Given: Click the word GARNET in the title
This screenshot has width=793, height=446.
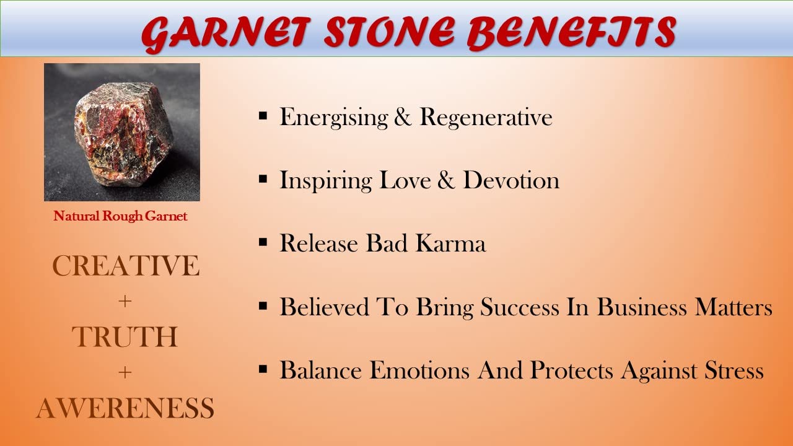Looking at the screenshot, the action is click(226, 33).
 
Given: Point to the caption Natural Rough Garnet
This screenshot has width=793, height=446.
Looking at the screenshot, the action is click(120, 216).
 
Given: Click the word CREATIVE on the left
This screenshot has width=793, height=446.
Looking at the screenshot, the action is click(126, 266).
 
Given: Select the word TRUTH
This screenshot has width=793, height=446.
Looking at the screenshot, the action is click(125, 336).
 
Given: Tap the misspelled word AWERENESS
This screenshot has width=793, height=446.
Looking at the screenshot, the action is click(125, 408).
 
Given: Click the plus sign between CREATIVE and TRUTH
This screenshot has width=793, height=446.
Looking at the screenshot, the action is click(125, 302).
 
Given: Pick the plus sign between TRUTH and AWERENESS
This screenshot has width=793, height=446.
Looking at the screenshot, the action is click(125, 373).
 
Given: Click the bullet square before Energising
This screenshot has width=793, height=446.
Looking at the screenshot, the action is click(263, 116).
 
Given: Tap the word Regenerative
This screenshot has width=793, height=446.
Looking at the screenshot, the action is click(486, 117).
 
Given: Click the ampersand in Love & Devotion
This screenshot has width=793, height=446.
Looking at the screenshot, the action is click(446, 180).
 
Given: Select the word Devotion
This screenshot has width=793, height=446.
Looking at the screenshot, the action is click(512, 180).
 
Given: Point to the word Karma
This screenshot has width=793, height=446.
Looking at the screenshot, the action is click(450, 243).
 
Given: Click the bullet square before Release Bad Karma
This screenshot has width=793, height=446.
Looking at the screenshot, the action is click(263, 242).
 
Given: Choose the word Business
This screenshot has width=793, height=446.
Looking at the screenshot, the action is click(642, 307).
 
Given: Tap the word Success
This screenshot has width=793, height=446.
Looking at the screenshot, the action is click(520, 307).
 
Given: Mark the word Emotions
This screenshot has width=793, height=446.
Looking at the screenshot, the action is click(419, 370).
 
